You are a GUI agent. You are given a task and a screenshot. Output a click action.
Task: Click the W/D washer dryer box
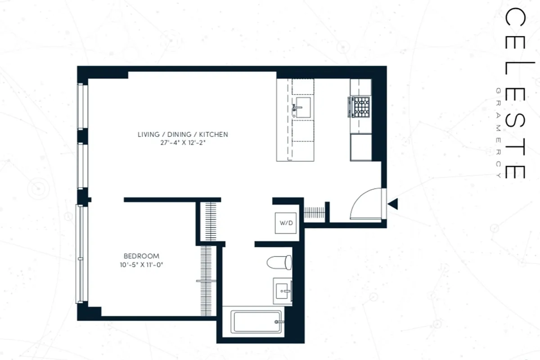click(x=286, y=222)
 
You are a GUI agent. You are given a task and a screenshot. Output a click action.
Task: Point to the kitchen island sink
click(x=302, y=107)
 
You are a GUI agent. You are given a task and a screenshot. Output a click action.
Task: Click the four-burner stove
click(x=360, y=107)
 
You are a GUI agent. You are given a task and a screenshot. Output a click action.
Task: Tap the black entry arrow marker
click(x=393, y=204)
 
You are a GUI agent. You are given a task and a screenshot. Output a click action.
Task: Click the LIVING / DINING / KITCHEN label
click(x=183, y=134)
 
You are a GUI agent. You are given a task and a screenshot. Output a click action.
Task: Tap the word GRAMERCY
click(x=498, y=132)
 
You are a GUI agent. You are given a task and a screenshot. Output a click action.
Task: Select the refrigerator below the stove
click(x=361, y=147)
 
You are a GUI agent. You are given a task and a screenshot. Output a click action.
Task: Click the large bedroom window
click(x=80, y=253)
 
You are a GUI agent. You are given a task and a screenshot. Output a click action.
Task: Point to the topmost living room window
click(x=81, y=106)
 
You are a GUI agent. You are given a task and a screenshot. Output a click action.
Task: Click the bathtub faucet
click(x=279, y=322)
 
